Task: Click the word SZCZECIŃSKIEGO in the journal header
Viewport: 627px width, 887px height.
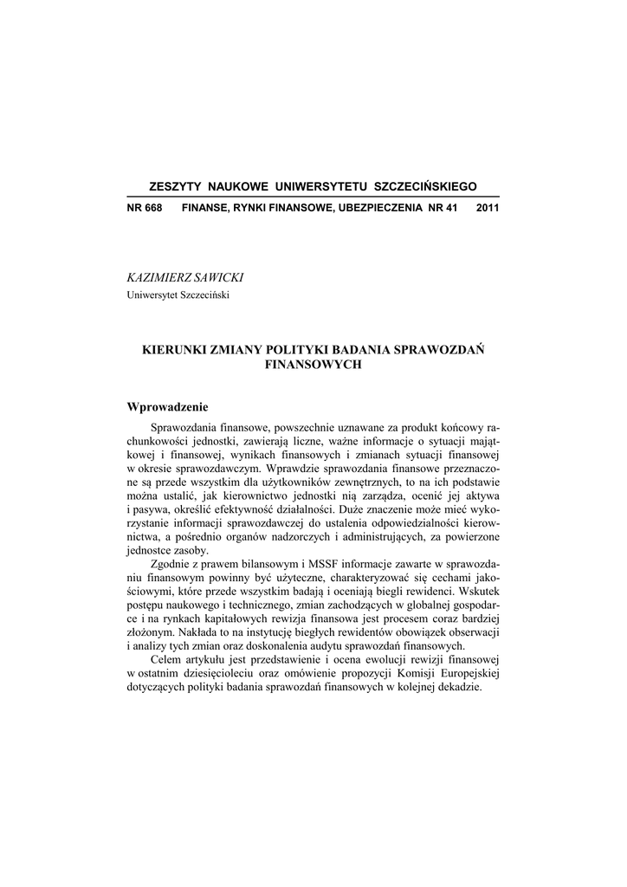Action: (x=424, y=187)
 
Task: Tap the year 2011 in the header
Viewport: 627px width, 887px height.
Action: (x=488, y=209)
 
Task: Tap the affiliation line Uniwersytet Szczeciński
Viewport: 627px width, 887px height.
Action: (x=178, y=295)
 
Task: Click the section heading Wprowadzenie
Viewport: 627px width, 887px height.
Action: (x=168, y=406)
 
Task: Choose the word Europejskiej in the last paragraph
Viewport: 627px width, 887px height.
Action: (x=465, y=673)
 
